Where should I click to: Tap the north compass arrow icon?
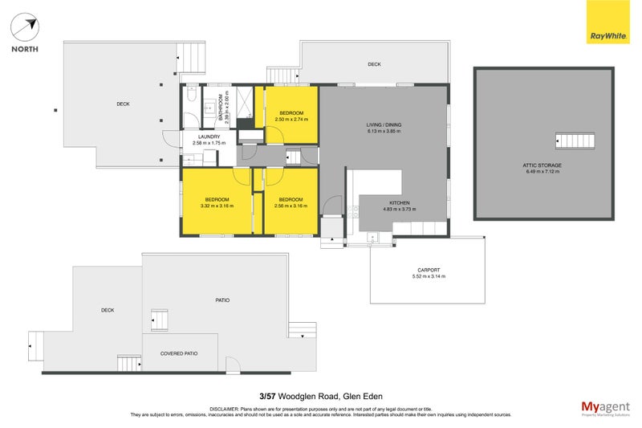point(26,27)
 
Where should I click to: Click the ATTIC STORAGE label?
point(542,165)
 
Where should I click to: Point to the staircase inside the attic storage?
point(575,141)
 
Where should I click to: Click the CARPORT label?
point(428,270)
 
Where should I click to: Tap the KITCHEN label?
point(400,202)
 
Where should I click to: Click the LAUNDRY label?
point(205,137)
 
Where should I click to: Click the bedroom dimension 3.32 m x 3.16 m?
point(217,206)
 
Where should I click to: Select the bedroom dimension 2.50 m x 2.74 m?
point(291,119)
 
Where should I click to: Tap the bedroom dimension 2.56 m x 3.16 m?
point(291,206)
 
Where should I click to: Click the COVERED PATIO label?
point(178,353)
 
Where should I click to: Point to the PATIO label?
point(222,300)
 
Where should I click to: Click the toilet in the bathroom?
point(189,97)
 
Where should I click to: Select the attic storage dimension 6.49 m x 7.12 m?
point(542,171)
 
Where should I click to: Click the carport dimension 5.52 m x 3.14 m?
point(428,276)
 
